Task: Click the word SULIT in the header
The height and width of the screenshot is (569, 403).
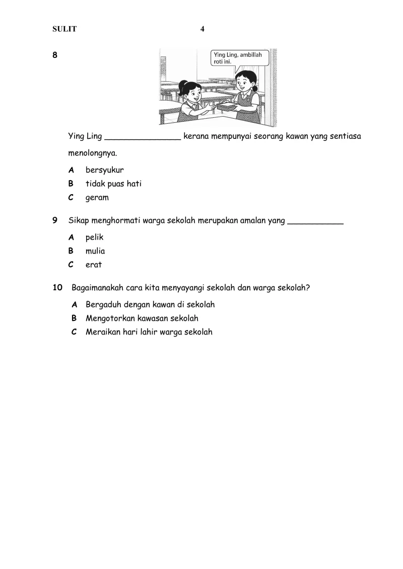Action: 64,29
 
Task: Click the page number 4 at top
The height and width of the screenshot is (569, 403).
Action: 203,29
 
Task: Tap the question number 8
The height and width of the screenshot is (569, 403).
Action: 55,55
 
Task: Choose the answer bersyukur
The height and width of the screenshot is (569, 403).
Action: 104,170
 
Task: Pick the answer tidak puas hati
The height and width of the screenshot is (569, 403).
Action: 113,184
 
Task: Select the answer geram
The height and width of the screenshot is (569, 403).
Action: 97,198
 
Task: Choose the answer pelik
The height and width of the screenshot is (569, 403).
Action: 94,237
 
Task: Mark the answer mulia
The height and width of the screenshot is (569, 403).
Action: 95,251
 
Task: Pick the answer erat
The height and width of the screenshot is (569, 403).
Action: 94,265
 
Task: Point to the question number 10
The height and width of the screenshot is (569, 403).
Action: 57,288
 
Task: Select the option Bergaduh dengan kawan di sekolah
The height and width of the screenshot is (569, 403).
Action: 150,304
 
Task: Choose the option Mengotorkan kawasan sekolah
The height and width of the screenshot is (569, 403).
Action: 142,318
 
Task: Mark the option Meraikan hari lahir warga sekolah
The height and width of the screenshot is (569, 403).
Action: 149,332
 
